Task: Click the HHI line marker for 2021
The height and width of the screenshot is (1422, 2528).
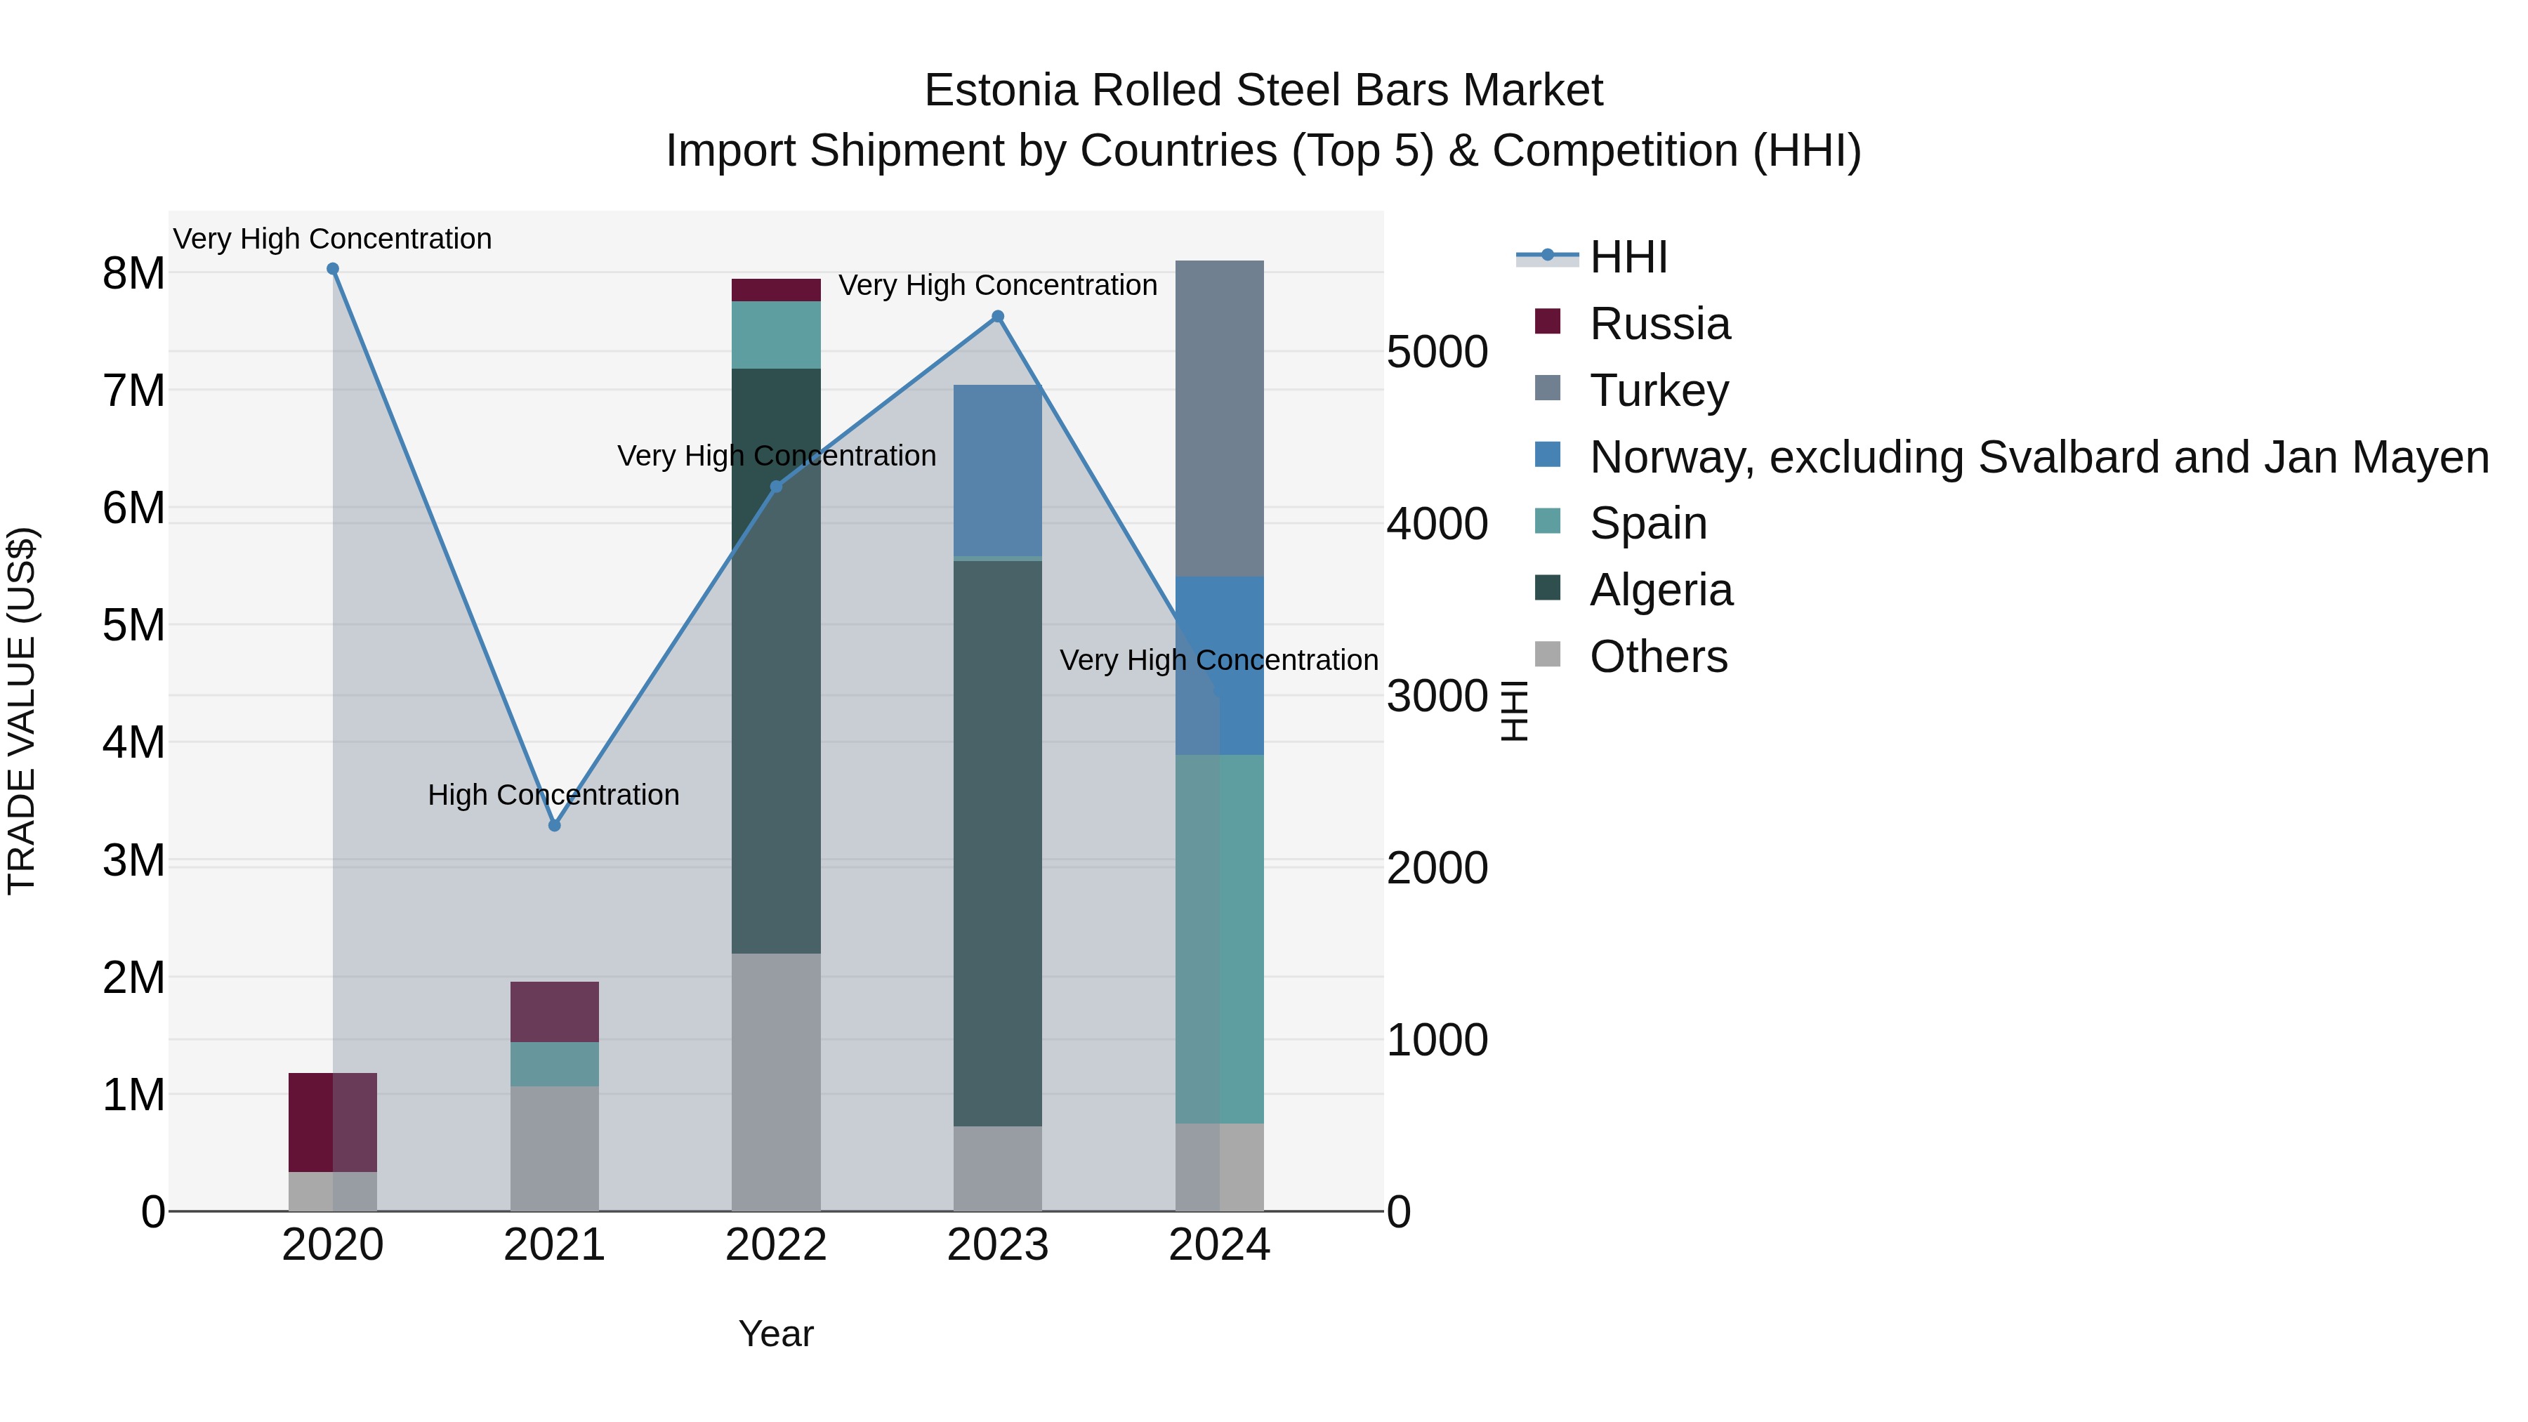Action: point(555,825)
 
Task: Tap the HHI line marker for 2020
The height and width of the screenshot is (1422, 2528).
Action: point(333,269)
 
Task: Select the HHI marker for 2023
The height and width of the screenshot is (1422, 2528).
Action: point(998,317)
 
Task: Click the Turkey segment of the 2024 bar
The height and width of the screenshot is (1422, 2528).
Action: point(1219,419)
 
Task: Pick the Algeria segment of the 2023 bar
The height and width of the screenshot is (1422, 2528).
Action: point(998,844)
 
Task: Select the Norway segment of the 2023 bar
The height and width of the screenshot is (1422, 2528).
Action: point(998,471)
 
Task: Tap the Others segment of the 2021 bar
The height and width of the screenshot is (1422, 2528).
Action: point(555,1148)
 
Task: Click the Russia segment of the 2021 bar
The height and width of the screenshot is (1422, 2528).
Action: point(555,1012)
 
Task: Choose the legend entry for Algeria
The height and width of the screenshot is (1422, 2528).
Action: point(1661,590)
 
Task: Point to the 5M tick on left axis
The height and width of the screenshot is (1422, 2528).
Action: point(133,625)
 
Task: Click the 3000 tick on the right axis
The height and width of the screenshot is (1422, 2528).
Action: point(1437,697)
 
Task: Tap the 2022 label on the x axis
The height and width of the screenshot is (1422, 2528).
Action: point(776,1245)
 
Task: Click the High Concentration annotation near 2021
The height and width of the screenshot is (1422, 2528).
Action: point(553,795)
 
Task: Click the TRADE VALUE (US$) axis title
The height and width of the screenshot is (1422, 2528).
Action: point(22,711)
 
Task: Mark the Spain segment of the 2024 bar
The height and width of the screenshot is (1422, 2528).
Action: point(1219,939)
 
